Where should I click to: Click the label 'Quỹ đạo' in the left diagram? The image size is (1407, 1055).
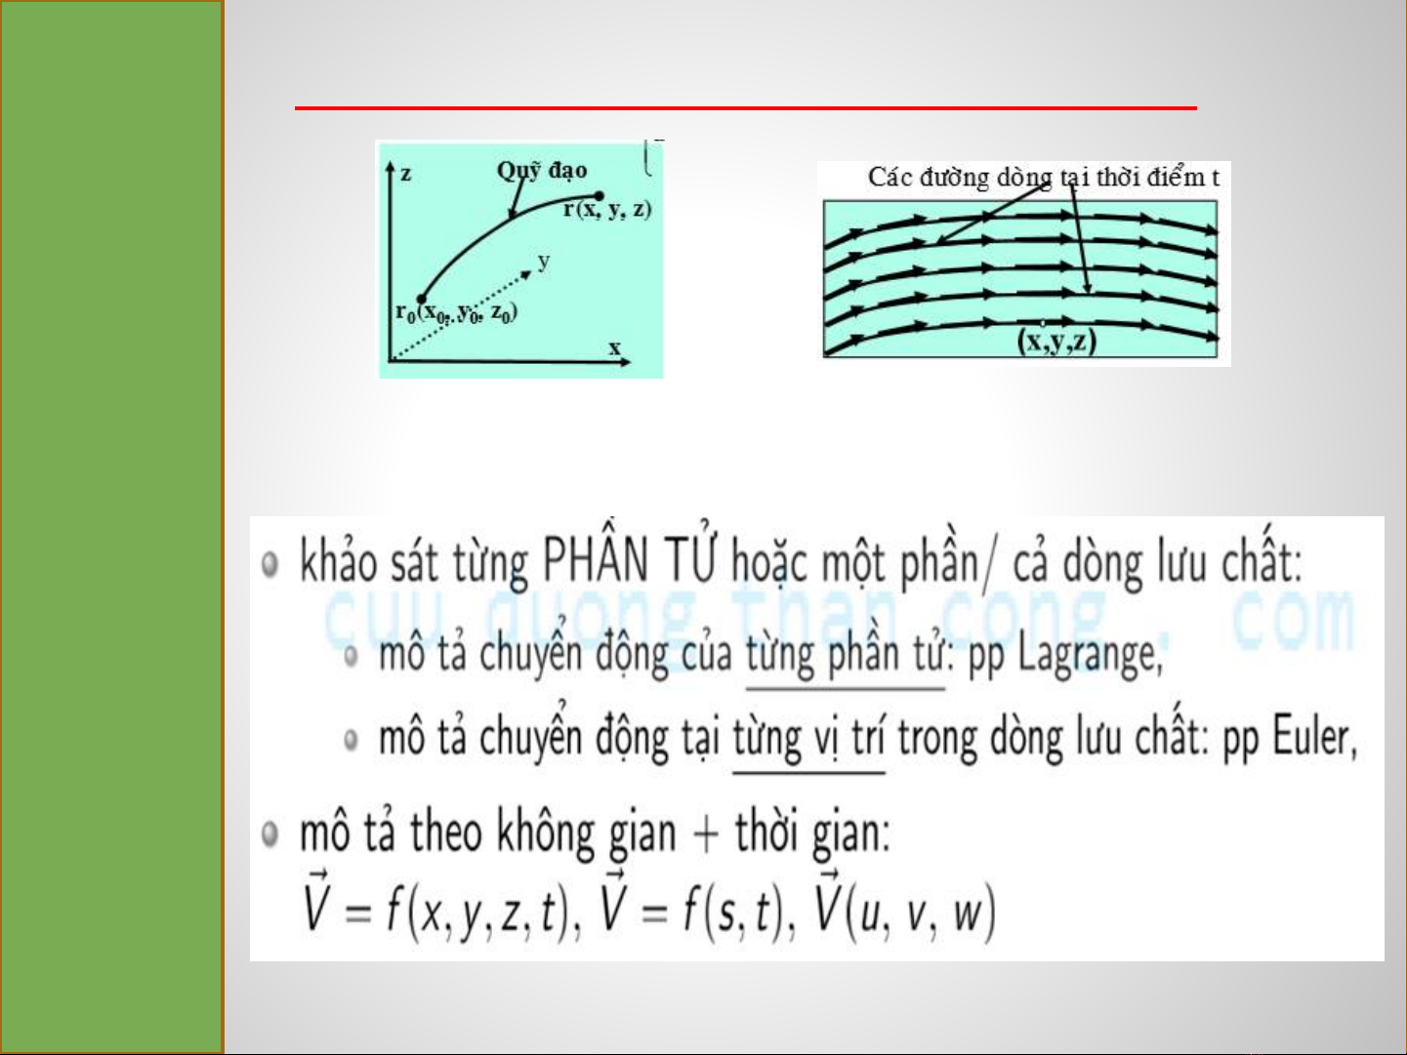coord(542,171)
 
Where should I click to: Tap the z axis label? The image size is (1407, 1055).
coord(405,174)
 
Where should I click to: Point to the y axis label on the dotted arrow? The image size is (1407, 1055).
coord(544,262)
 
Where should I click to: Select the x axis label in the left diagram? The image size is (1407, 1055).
coord(615,347)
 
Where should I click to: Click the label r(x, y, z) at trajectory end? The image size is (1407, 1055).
coord(607,210)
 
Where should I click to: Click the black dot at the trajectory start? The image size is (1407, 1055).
coord(421,300)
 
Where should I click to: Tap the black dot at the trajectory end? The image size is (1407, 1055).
coord(600,195)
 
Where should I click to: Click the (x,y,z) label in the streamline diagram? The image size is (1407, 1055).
coord(1057,342)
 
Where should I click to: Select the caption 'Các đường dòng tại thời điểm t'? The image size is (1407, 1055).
coord(1044,178)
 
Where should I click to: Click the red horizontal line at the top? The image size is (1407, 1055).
coord(746,108)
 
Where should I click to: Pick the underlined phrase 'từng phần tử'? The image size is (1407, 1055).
coord(846,653)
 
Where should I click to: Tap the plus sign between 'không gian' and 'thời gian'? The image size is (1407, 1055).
coord(705,834)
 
